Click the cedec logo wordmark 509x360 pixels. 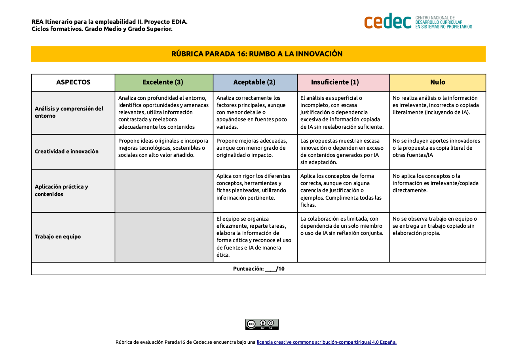[x=387, y=21]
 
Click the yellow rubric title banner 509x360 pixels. [x=258, y=54]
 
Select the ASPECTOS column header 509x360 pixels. [x=73, y=82]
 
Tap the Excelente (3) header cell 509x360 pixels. [x=163, y=82]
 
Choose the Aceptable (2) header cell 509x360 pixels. [x=255, y=82]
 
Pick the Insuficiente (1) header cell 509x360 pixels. [x=343, y=82]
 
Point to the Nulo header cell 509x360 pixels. [x=437, y=82]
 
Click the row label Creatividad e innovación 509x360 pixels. [x=66, y=152]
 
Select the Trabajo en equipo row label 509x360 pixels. [x=58, y=237]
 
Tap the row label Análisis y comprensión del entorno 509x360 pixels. [x=69, y=112]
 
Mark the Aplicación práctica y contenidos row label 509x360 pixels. [x=61, y=190]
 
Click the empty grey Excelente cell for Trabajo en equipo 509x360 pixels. [x=164, y=237]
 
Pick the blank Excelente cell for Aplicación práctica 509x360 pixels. [x=164, y=190]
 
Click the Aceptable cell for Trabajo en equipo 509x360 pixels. [x=255, y=237]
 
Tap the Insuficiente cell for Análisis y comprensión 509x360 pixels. [x=343, y=112]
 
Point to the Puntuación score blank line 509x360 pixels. [x=271, y=269]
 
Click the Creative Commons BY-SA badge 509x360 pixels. [x=262, y=324]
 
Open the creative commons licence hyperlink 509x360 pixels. [x=327, y=342]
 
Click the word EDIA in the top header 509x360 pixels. [x=180, y=22]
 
